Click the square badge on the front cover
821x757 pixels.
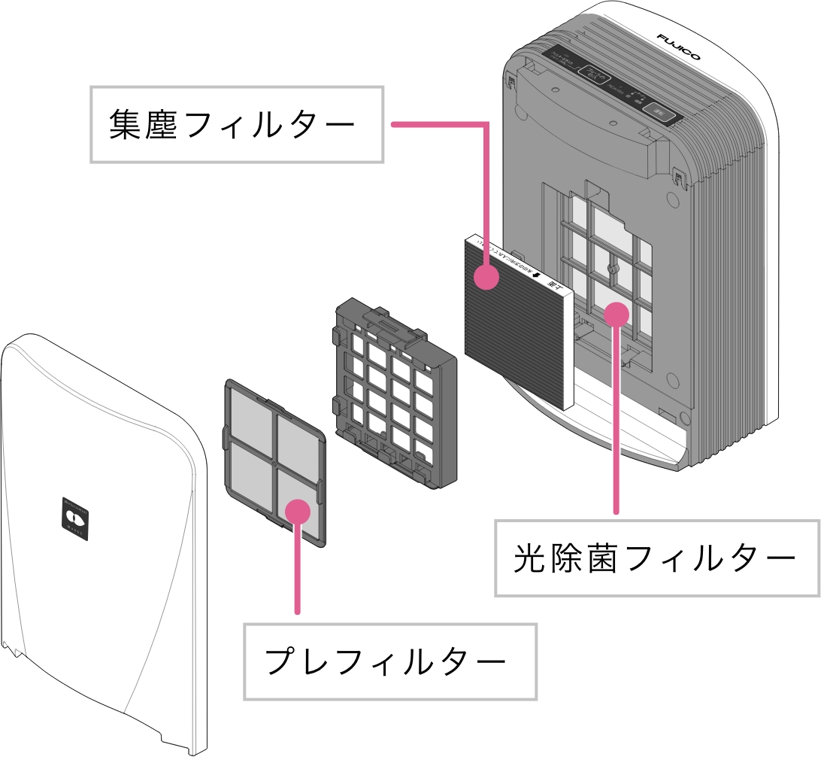point(75,517)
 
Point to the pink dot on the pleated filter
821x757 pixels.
point(487,277)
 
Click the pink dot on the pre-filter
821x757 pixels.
point(298,509)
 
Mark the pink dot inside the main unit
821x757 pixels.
point(617,312)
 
